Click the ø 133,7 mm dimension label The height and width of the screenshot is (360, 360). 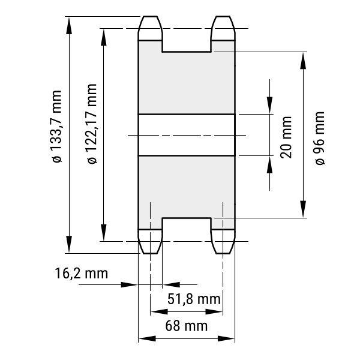click(57, 127)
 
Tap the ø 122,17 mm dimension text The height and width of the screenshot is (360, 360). click(92, 124)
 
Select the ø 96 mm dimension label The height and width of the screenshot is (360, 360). click(320, 138)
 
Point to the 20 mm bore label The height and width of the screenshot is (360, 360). click(286, 137)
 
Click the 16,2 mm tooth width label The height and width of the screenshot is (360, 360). click(81, 274)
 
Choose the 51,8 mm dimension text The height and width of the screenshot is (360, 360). click(194, 299)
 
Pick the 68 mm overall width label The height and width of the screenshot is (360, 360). click(187, 326)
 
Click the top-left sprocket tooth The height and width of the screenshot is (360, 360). click(151, 28)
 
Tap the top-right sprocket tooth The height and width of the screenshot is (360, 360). click(223, 28)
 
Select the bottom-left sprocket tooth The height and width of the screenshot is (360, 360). click(151, 241)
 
